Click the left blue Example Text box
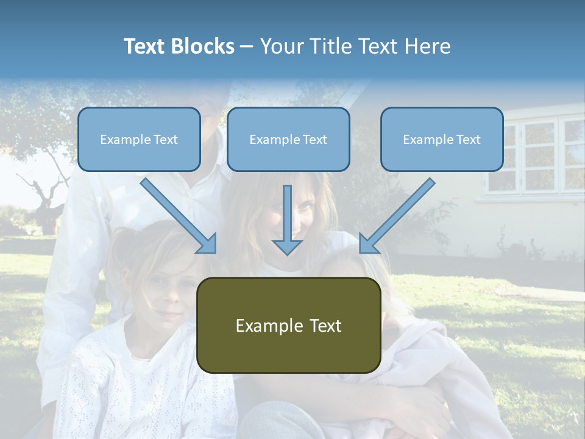[139, 140]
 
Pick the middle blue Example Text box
[288, 140]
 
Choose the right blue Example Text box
[442, 140]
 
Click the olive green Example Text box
[288, 325]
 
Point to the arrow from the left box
[177, 214]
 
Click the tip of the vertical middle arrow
[287, 252]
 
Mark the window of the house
[536, 155]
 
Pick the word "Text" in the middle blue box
[314, 140]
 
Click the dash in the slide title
[247, 46]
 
